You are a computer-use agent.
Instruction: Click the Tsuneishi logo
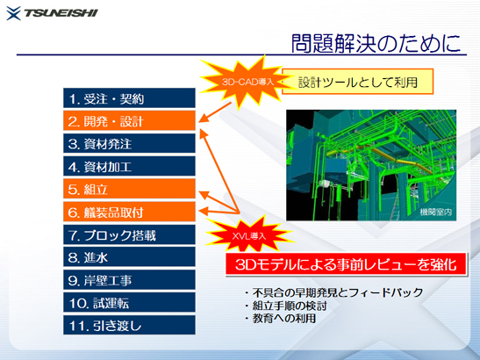[52, 13]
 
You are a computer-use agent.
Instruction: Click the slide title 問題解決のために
[376, 44]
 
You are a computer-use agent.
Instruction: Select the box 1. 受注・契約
[129, 98]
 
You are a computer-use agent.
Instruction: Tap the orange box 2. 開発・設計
[129, 120]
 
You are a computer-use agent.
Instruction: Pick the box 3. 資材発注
[129, 143]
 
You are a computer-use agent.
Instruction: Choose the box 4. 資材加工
[129, 166]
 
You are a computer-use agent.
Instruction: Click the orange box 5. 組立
[129, 189]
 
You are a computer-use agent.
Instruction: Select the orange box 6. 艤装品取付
[129, 212]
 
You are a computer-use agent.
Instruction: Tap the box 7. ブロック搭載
[129, 234]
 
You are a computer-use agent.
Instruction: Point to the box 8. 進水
[129, 257]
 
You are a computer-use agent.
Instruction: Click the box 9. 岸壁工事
[129, 280]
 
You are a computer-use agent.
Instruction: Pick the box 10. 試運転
[129, 302]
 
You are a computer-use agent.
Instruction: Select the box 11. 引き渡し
[129, 325]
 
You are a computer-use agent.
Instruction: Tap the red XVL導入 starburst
[249, 236]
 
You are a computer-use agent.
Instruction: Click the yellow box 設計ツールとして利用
[357, 82]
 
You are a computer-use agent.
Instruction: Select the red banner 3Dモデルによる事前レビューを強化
[346, 264]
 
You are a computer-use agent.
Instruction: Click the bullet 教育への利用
[281, 319]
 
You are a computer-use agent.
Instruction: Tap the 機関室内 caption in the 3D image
[436, 212]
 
